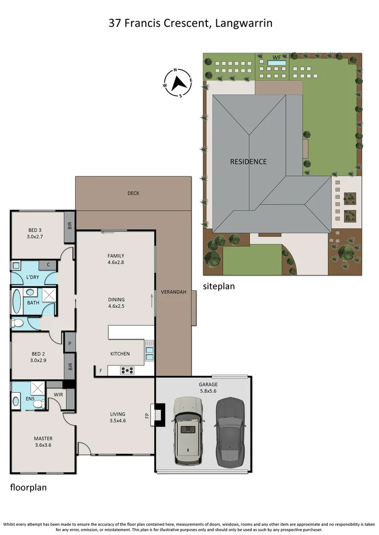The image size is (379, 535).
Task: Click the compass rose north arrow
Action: [178, 82]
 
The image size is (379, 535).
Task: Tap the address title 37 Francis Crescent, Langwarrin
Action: [190, 23]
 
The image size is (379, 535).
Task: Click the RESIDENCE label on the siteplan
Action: [248, 161]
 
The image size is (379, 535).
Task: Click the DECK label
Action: [133, 193]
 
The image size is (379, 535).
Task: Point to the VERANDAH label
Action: [174, 292]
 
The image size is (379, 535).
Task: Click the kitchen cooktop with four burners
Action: [127, 370]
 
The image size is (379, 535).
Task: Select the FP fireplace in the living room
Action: [159, 415]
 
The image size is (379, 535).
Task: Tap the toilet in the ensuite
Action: [38, 404]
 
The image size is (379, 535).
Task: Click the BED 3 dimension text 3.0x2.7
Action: [34, 237]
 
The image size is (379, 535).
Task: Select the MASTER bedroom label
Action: [43, 438]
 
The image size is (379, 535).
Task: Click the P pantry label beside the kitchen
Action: [69, 343]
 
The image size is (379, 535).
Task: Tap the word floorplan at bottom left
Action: [28, 487]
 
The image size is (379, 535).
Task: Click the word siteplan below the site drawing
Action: [219, 286]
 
